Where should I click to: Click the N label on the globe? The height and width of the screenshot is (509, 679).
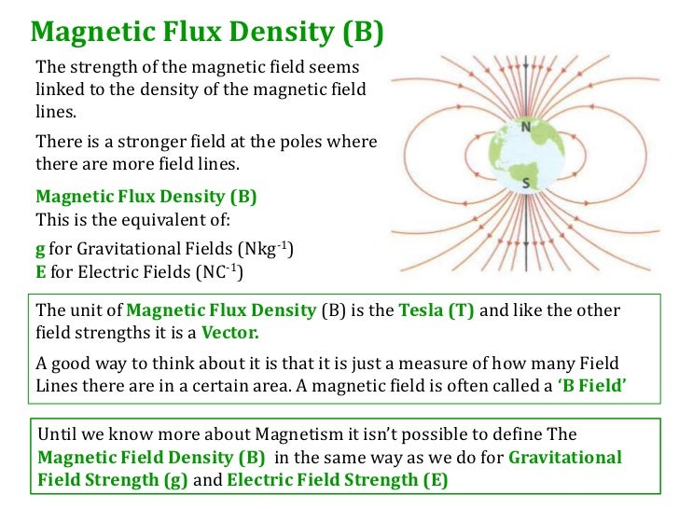525,128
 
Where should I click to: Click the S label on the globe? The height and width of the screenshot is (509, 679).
526,184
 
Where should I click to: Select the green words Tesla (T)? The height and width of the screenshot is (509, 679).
436,310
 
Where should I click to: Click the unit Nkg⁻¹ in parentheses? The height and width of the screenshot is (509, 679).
265,249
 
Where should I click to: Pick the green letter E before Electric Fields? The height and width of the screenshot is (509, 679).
40,273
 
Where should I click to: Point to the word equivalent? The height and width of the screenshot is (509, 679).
172,223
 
